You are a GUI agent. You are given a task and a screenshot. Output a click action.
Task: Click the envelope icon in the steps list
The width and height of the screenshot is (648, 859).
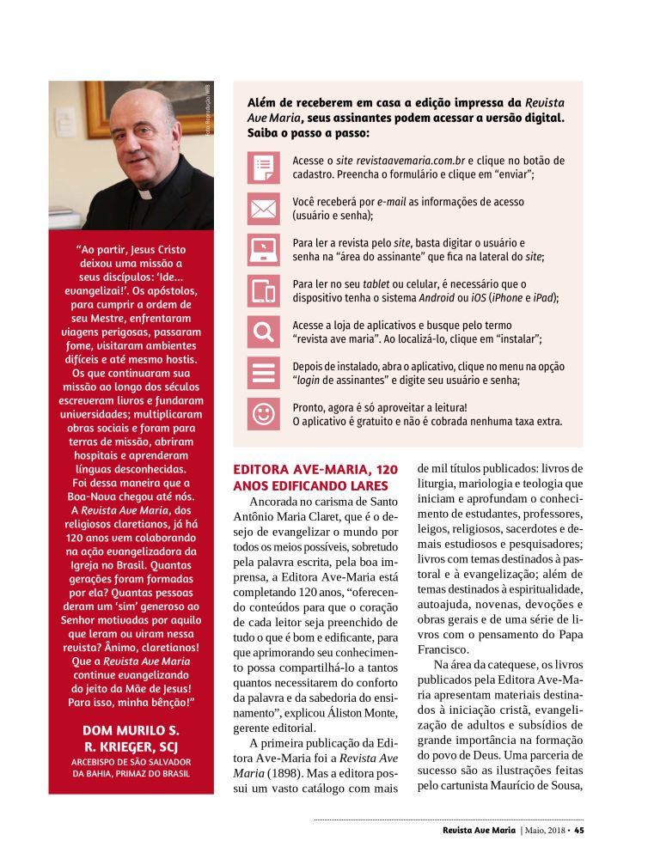[x=263, y=208]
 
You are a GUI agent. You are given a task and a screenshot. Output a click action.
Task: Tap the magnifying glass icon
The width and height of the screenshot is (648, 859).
[x=263, y=331]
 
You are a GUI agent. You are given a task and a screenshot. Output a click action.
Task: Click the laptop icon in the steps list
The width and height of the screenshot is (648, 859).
[x=263, y=249]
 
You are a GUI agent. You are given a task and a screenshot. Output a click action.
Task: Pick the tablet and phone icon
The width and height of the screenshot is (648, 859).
[x=263, y=290]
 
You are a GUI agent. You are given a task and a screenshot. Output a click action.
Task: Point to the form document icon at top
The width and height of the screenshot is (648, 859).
[x=263, y=167]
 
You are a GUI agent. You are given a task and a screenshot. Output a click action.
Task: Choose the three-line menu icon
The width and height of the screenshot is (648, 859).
[x=263, y=372]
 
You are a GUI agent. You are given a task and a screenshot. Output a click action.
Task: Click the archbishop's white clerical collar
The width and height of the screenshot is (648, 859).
[x=147, y=195]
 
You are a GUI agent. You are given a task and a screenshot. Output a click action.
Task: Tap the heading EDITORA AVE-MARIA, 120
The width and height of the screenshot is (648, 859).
[x=315, y=470]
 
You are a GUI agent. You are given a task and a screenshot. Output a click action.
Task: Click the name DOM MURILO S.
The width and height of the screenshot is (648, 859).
[x=131, y=731]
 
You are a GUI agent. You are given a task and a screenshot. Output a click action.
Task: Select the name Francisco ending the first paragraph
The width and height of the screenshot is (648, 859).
[x=444, y=649]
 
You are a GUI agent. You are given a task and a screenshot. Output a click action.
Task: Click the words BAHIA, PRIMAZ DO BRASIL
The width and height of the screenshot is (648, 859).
[x=131, y=773]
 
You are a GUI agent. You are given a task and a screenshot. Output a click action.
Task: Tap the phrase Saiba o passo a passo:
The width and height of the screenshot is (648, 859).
[x=309, y=134]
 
